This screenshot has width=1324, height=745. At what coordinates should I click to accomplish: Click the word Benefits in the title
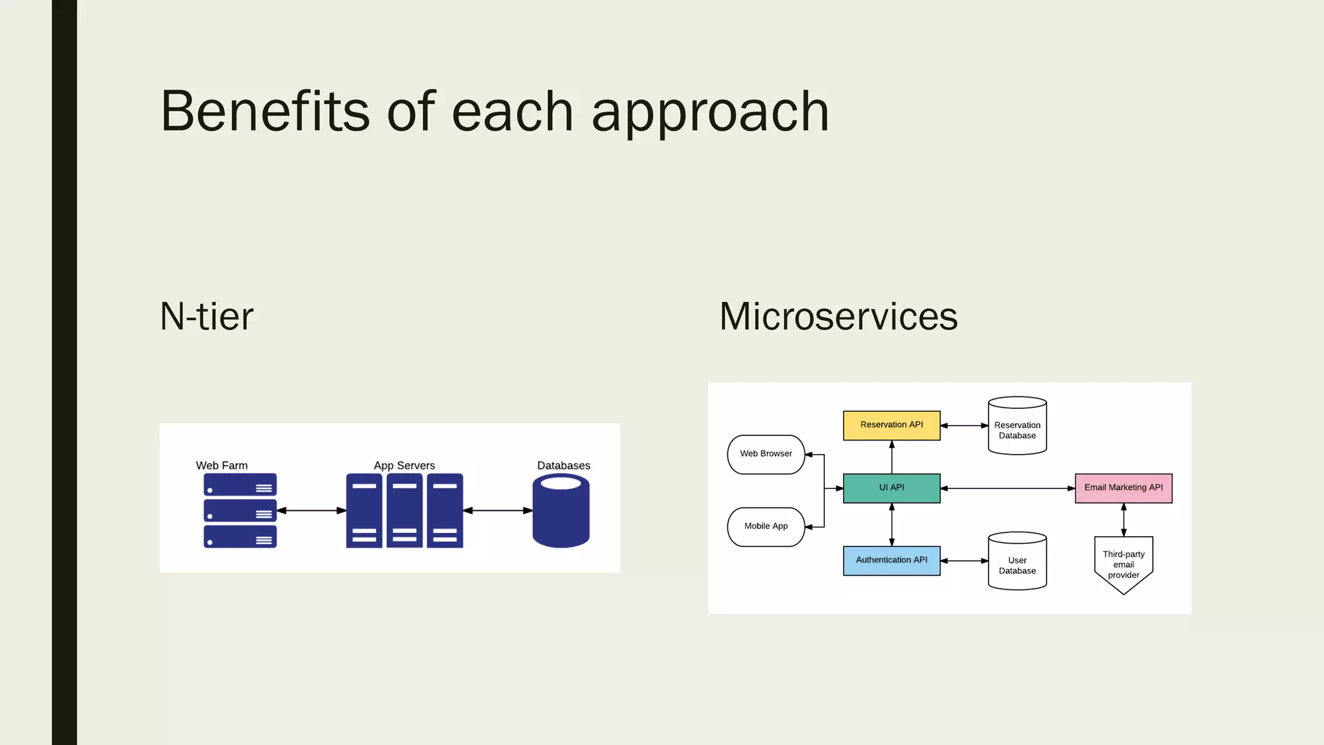[265, 111]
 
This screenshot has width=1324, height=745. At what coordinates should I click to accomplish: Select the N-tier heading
[206, 316]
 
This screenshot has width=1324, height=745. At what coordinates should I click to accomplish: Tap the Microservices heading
[838, 316]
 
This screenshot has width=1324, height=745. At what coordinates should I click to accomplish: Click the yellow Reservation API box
[892, 426]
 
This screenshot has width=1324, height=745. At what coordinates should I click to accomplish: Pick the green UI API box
[892, 488]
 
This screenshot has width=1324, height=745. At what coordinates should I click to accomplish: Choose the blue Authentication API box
[892, 561]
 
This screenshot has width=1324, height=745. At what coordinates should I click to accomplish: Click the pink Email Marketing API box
[1123, 488]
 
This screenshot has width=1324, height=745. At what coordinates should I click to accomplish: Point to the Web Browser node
[765, 454]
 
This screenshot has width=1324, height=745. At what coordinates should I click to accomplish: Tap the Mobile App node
[765, 526]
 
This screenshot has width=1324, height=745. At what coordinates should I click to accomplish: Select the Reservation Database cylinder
[1017, 427]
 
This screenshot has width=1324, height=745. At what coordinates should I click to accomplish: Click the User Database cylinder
[1017, 563]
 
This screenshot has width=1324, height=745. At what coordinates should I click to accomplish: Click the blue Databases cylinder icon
[561, 514]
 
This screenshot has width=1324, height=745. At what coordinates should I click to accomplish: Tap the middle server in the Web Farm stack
[240, 510]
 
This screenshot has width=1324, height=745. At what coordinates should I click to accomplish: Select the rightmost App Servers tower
[445, 510]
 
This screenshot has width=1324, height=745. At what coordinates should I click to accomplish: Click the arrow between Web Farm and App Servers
[312, 510]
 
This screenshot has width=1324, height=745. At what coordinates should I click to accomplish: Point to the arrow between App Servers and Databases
[498, 510]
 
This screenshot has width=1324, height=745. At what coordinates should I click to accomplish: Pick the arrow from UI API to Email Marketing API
[1007, 488]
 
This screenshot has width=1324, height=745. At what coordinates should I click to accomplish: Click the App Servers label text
[404, 465]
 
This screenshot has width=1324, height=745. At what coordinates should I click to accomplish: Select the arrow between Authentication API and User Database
[964, 561]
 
